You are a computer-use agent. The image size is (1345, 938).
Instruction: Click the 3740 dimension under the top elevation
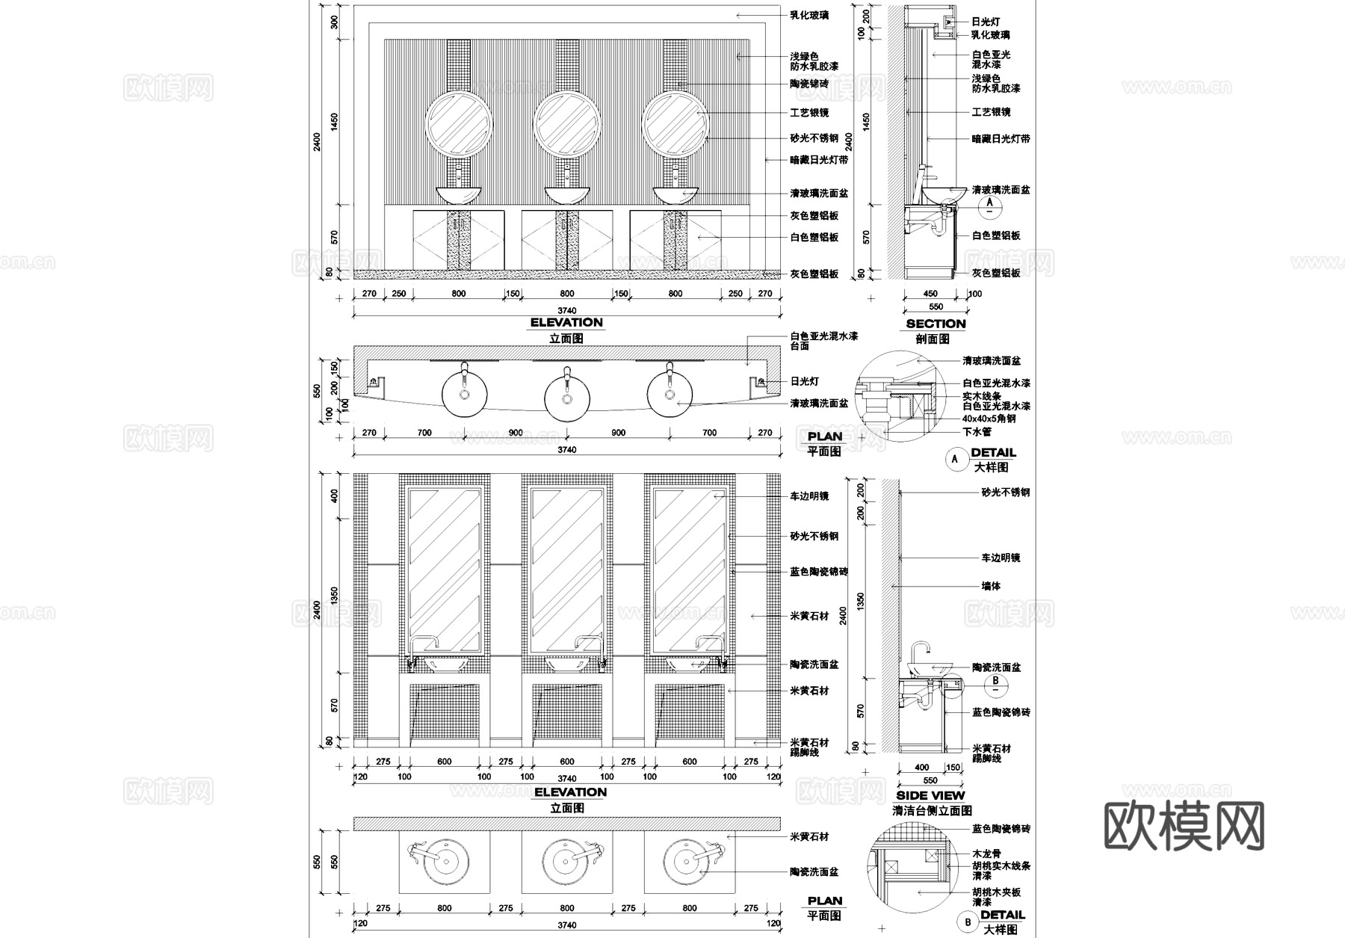click(x=567, y=310)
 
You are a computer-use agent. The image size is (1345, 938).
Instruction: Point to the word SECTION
click(x=936, y=324)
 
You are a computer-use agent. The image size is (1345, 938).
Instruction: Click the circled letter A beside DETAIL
click(x=956, y=459)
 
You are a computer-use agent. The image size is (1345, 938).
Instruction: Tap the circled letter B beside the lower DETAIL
click(x=968, y=922)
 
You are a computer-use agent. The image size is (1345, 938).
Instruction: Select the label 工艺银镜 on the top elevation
click(x=809, y=113)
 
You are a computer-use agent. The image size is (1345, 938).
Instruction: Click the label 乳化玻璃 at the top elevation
click(x=809, y=15)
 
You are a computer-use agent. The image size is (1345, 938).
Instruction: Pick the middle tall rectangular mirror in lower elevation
click(x=566, y=570)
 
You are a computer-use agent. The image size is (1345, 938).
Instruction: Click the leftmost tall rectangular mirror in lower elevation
click(x=444, y=570)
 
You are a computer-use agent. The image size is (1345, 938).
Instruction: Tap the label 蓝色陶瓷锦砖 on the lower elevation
click(x=819, y=572)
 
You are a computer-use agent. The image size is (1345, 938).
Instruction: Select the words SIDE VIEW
click(x=930, y=795)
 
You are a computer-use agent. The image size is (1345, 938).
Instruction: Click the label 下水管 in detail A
click(x=977, y=432)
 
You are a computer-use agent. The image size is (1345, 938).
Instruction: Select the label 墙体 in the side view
click(x=991, y=587)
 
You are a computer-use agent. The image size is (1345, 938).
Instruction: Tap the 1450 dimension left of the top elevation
click(x=335, y=121)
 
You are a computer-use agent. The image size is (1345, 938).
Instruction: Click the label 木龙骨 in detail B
click(x=986, y=854)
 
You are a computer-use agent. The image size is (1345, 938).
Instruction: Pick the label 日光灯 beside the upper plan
click(x=805, y=381)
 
